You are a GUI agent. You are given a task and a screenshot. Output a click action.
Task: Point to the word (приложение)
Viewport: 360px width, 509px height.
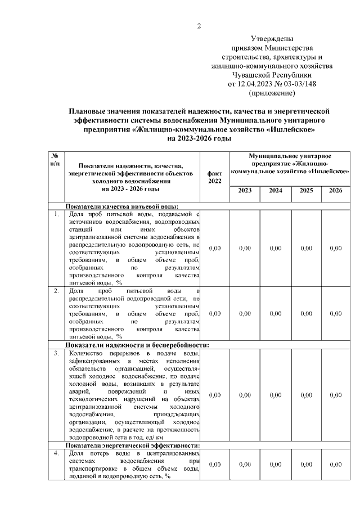coord(272,93)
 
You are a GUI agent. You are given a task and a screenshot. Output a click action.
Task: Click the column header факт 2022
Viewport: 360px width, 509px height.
coord(214,177)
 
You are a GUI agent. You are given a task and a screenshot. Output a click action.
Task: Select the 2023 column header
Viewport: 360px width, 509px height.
coord(245,191)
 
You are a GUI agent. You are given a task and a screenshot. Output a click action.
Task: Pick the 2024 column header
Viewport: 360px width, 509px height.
coord(276,191)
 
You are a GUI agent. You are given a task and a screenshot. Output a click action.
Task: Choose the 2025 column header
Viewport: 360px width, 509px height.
coord(306,191)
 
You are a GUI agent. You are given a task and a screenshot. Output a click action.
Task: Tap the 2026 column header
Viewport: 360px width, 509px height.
coord(335,191)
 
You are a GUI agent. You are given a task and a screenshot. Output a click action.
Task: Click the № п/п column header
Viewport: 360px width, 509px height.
coord(56,159)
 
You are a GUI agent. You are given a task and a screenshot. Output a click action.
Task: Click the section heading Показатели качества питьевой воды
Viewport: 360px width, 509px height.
coord(123,206)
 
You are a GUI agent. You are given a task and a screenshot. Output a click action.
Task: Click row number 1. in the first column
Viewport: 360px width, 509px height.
coord(56,214)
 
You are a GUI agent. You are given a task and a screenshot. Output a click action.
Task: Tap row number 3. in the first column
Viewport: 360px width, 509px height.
coord(56,353)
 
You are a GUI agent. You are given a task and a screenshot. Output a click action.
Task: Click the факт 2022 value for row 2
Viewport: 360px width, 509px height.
coord(214,314)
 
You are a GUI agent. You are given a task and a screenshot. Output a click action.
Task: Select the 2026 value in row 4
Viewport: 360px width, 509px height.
coord(335,465)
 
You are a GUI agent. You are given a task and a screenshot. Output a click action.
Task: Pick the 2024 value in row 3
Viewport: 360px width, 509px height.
coord(276,395)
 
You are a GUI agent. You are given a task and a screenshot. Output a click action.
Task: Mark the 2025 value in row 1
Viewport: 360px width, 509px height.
coord(306,248)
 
